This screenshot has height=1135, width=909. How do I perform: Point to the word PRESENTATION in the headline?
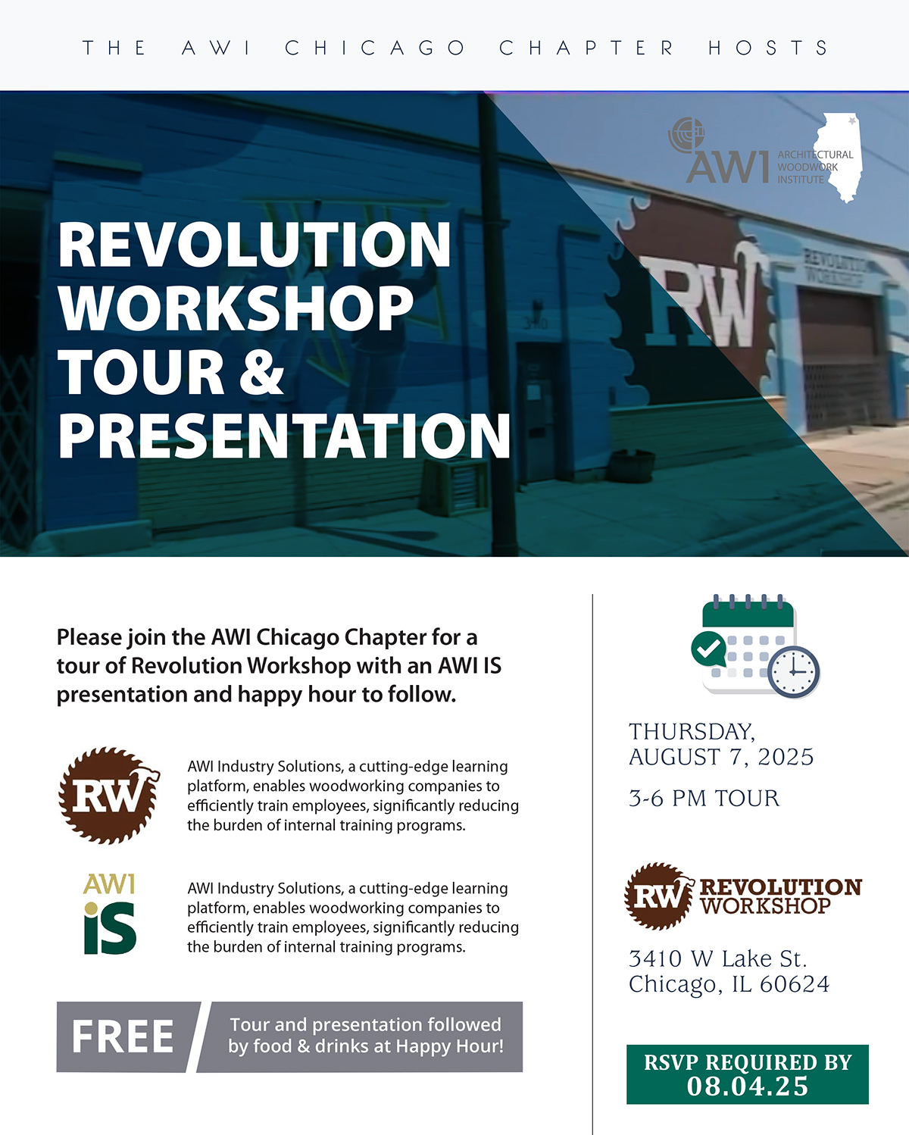(284, 435)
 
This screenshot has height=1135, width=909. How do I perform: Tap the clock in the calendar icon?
(793, 672)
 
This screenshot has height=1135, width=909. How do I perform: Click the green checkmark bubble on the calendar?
(708, 649)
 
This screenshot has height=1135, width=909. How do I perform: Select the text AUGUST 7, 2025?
(721, 757)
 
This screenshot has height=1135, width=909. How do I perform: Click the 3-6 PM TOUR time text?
(704, 798)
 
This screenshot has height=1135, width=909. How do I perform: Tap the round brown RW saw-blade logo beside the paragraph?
(109, 795)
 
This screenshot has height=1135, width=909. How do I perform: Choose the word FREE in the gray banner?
(123, 1037)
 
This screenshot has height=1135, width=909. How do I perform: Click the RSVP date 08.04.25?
(747, 1086)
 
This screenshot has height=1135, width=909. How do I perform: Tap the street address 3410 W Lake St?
(717, 959)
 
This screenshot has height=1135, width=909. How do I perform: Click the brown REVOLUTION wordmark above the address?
(780, 887)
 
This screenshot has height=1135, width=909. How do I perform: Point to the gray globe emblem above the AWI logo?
(686, 136)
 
